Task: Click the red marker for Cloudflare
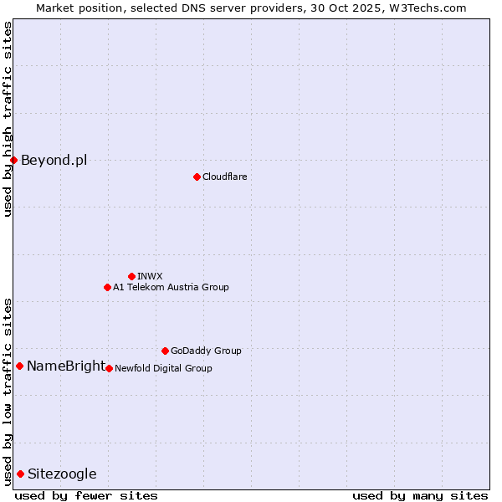tap(197, 177)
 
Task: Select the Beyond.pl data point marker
tap(13, 160)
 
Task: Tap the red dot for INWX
tap(131, 276)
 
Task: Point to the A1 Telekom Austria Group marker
tap(107, 287)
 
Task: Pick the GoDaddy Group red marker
tap(165, 351)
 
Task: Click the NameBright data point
tap(19, 366)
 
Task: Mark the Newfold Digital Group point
tap(109, 368)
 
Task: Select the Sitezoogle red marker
tap(20, 474)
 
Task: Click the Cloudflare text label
tap(225, 177)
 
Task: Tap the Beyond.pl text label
tap(54, 160)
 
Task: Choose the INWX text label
tap(150, 276)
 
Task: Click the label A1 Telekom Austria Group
tap(171, 287)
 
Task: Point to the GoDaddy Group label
tap(206, 351)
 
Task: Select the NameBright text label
tap(66, 366)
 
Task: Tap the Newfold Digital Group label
tap(163, 368)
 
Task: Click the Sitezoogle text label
tap(62, 474)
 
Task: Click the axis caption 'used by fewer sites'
tap(86, 495)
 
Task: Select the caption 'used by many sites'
tap(420, 495)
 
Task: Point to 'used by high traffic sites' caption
tap(8, 119)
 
